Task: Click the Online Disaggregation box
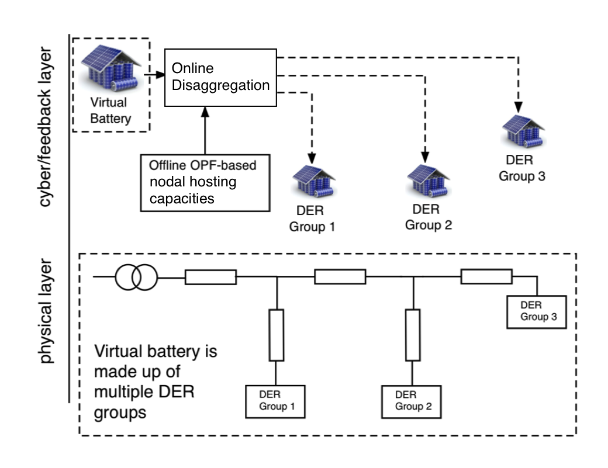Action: coord(220,77)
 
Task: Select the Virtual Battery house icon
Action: coord(110,68)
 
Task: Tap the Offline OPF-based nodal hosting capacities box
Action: coord(205,182)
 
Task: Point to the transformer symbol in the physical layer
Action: coord(136,278)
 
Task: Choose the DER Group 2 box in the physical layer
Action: coord(412,401)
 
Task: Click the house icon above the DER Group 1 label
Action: coord(313,182)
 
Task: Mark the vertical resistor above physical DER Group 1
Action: coord(277,335)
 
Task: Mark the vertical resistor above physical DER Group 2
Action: coord(413,335)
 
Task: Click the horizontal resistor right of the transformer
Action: coord(210,278)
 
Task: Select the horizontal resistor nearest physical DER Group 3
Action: coord(486,276)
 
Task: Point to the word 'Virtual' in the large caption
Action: coord(119,353)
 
